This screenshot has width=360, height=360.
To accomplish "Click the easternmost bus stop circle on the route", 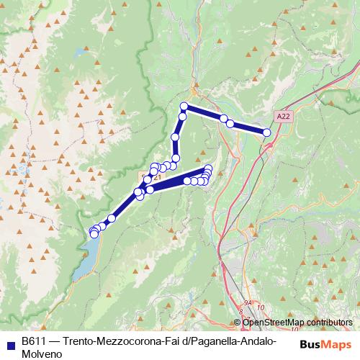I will point(267,132).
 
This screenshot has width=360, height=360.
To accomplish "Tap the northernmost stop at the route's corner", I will point(184,107).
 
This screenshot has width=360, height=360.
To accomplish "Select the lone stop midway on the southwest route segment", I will point(112,218).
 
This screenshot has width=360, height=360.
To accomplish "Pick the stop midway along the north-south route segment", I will point(175,137).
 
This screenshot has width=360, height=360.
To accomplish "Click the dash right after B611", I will point(55,339).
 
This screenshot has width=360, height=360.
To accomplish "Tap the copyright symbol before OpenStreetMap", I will point(238,322).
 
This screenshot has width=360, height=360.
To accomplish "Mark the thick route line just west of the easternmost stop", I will point(248,128).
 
